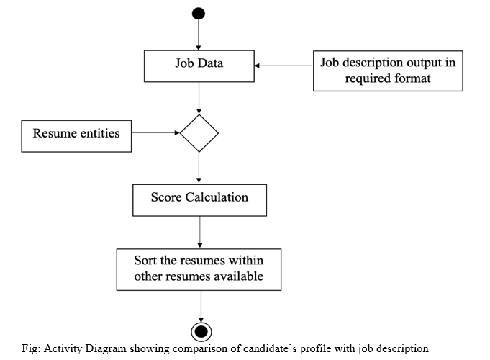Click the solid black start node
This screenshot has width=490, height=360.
click(x=199, y=14)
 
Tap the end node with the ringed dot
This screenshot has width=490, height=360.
click(x=201, y=331)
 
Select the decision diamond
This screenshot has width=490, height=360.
click(x=199, y=133)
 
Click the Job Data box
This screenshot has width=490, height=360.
click(x=199, y=66)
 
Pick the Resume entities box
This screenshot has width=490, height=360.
click(x=76, y=136)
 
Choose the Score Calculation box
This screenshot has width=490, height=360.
click(x=200, y=200)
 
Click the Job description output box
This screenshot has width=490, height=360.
click(x=388, y=71)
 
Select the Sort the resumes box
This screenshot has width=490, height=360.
click(x=199, y=269)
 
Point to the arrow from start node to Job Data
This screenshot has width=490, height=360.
click(x=199, y=35)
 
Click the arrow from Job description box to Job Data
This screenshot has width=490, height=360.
click(x=283, y=66)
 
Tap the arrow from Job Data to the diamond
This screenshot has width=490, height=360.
click(x=199, y=98)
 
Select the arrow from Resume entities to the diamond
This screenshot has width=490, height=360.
click(x=155, y=133)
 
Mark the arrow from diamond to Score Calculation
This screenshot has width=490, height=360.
click(x=199, y=168)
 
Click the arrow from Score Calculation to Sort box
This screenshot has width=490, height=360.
click(x=200, y=232)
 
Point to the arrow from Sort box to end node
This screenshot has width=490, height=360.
click(x=201, y=306)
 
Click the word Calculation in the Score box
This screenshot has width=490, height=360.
click(x=217, y=197)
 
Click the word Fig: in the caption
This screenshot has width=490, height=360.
click(x=31, y=348)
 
